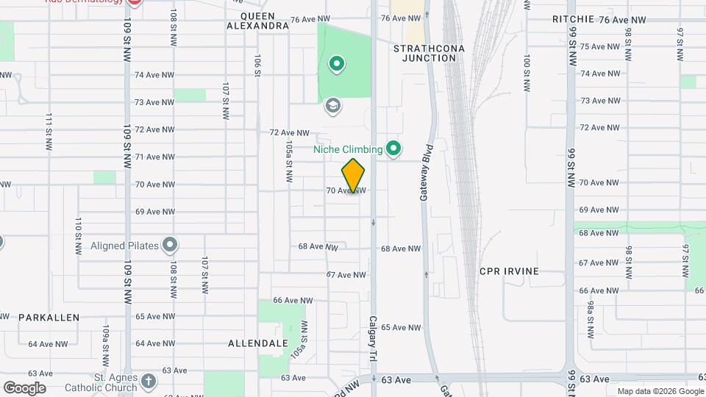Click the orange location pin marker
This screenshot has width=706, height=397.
tap(354, 176)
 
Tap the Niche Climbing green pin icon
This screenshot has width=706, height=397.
tap(393, 149)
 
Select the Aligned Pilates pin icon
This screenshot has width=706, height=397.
tap(171, 244)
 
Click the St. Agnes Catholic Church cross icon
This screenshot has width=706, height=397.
tap(149, 381)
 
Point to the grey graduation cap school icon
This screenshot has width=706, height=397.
tap(333, 107)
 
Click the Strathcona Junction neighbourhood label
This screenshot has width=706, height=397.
tap(424, 52)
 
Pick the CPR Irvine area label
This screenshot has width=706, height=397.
tap(509, 271)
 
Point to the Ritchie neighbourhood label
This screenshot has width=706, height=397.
tap(574, 20)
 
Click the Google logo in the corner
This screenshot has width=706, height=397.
tap(24, 387)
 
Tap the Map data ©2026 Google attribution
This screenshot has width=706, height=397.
tap(659, 391)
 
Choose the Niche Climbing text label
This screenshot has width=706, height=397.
tap(348, 150)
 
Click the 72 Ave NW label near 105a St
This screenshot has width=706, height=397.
tap(288, 132)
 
